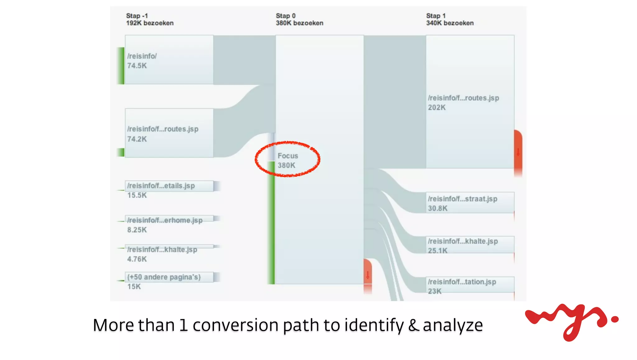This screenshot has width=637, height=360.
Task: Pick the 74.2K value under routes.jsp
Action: (137, 139)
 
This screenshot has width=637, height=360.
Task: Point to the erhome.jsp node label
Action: (165, 220)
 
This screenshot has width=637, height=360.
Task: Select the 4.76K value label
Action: (137, 259)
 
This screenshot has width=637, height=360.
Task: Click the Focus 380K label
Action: (288, 160)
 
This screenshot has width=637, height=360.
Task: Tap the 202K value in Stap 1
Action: (437, 108)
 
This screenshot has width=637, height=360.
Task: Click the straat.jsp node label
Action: (463, 199)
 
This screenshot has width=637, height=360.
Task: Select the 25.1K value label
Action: (438, 250)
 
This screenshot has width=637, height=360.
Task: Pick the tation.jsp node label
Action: (462, 282)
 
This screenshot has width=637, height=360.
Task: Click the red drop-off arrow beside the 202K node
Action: (518, 152)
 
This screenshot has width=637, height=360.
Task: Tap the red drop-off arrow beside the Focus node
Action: (368, 275)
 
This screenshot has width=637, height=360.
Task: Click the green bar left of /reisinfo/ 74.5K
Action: (121, 66)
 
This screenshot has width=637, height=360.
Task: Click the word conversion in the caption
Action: (235, 325)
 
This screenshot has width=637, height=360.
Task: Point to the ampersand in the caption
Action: (413, 325)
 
